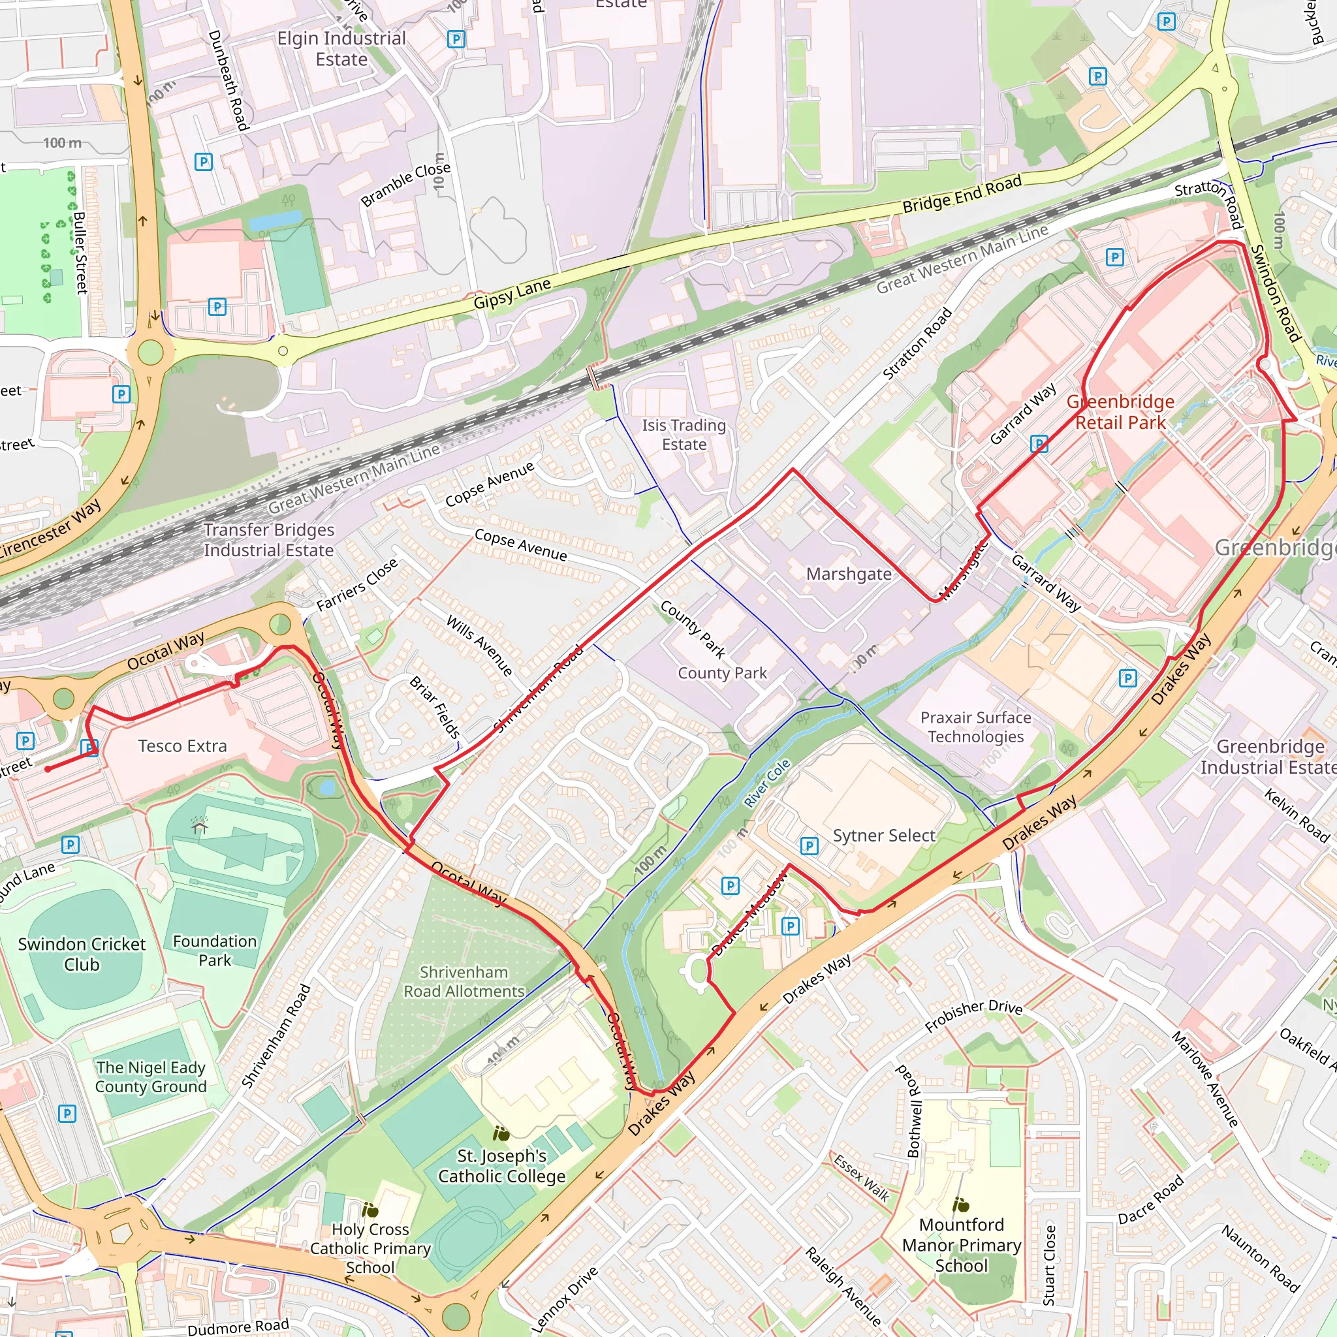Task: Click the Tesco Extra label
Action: point(182,746)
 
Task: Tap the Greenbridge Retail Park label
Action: point(1120,412)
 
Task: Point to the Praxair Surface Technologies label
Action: point(975,727)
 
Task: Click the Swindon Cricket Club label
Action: point(82,954)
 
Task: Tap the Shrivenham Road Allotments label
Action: point(464,981)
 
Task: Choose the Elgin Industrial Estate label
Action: point(341,48)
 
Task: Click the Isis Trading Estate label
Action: point(684,435)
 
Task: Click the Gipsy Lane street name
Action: point(512,293)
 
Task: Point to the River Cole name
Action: point(767,783)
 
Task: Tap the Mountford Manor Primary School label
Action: point(961,1245)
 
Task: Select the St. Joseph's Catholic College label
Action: point(502,1166)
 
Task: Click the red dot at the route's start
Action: point(48,769)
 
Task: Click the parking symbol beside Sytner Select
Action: point(809,845)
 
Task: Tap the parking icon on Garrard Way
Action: point(1039,443)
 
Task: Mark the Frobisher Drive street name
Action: point(973,1015)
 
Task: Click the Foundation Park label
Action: point(215,950)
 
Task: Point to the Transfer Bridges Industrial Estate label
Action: point(268,540)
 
